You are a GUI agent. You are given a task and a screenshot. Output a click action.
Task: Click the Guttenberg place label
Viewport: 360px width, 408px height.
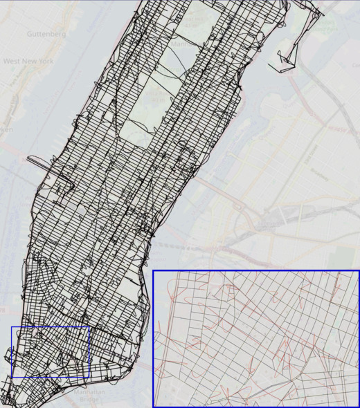(x=46, y=33)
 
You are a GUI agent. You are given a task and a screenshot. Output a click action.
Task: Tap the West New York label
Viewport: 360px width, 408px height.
(x=28, y=62)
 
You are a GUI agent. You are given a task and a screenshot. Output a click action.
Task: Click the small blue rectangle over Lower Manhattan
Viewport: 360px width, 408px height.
(x=51, y=352)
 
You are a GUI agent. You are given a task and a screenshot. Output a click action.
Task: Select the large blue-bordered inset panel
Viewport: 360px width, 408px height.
(x=255, y=338)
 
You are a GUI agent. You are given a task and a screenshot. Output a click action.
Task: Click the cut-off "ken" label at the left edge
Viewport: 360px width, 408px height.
(x=6, y=129)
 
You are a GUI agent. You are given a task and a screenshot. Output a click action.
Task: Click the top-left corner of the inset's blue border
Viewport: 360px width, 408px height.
(x=153, y=271)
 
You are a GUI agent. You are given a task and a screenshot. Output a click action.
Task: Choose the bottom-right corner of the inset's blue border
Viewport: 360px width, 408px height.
(x=359, y=407)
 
